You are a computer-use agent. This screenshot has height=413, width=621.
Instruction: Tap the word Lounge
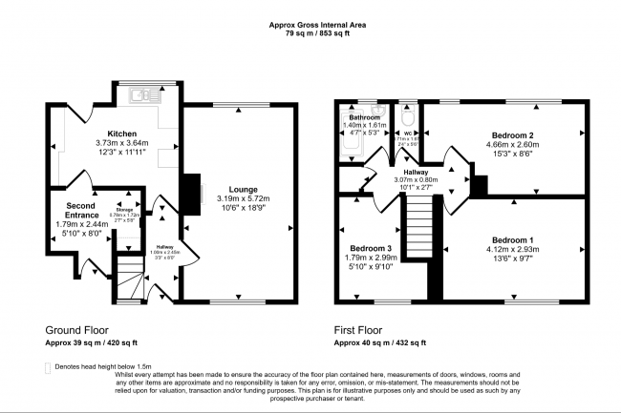[x=229, y=190]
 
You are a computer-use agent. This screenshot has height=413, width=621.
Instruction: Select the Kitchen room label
[x=121, y=134]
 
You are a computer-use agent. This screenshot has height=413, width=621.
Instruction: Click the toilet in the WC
[x=408, y=117]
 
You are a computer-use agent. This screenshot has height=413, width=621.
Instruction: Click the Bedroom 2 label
[x=512, y=135]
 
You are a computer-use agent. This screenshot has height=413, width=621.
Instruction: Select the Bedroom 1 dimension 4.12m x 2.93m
[x=512, y=250]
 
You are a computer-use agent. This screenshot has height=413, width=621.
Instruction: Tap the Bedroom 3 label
[x=365, y=249]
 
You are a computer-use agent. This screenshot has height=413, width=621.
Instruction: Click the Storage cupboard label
[x=124, y=210]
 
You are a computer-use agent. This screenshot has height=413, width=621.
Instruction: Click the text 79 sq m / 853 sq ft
[x=310, y=33]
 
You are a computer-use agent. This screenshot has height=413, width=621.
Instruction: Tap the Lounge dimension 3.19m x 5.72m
[x=229, y=200]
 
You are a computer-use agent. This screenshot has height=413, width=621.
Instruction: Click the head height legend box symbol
[x=48, y=367]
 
